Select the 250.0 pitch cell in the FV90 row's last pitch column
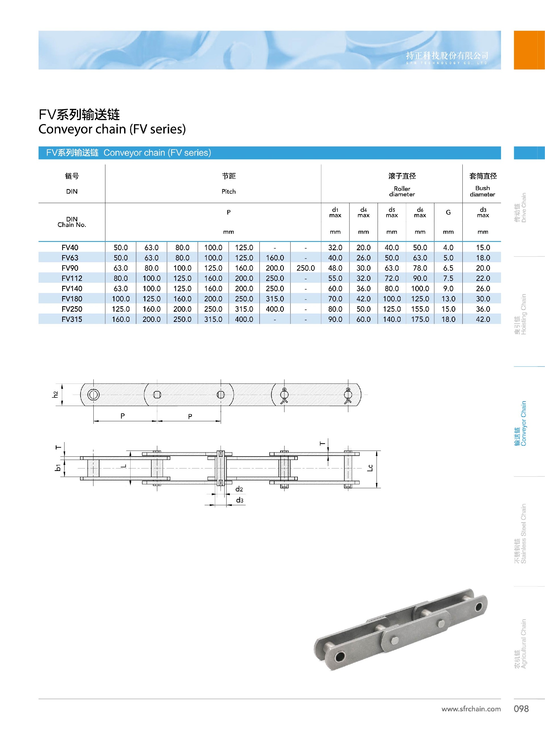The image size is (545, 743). (305, 268)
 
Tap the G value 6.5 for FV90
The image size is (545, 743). (448, 268)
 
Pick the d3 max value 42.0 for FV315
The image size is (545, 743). (483, 319)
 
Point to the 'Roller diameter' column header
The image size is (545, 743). (402, 191)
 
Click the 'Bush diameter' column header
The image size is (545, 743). (482, 191)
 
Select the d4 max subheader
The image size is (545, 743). (363, 212)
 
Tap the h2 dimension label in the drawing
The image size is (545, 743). (55, 394)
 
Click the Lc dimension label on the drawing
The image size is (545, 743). (370, 468)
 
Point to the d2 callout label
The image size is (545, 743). (239, 489)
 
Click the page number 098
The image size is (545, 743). (521, 709)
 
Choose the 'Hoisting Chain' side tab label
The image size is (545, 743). (520, 314)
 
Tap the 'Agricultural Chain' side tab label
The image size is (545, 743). (520, 644)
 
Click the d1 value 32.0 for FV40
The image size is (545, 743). (335, 248)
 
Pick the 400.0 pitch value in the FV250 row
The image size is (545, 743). (275, 309)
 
